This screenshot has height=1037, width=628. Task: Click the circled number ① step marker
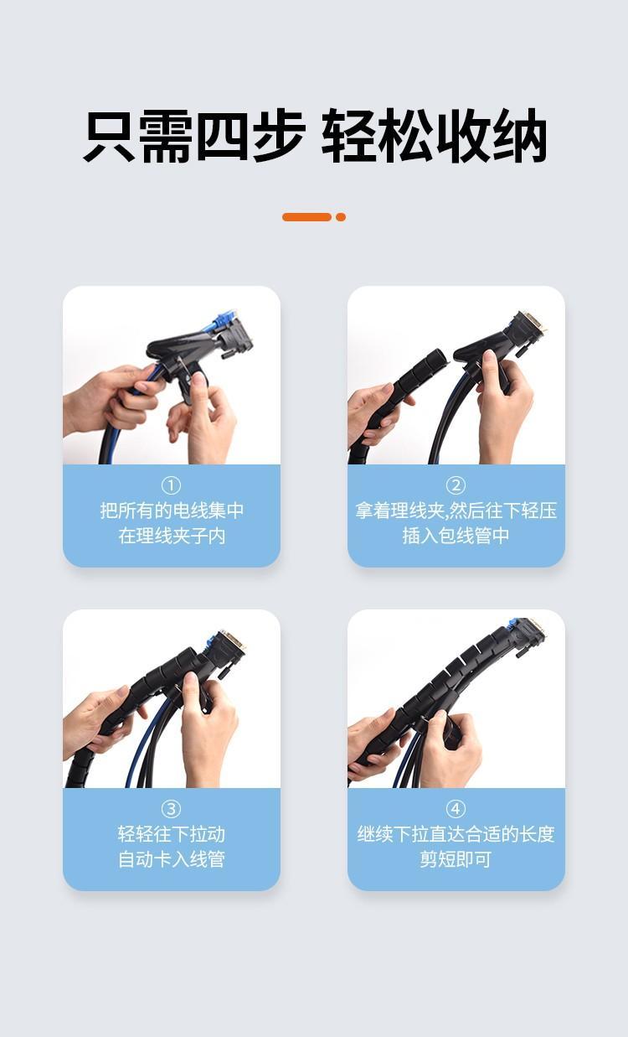point(171,485)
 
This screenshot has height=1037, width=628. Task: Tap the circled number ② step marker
point(456,485)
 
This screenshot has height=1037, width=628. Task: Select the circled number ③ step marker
point(171,809)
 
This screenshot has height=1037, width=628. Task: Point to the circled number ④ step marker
point(456,809)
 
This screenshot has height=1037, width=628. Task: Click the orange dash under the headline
point(307,217)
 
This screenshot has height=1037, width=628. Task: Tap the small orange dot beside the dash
point(341,217)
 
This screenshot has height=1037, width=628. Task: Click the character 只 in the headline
point(110,135)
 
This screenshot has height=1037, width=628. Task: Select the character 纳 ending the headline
point(520,135)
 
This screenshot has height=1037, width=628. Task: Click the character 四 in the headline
point(223,135)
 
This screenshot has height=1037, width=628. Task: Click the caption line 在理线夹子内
point(171,536)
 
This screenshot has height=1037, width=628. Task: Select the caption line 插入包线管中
point(456,536)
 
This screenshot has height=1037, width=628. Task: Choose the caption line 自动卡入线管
point(171,859)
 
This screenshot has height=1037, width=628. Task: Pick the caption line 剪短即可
point(456,859)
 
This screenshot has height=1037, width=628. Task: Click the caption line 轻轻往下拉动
point(171,834)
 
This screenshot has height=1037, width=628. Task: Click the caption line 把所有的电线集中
point(171,511)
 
